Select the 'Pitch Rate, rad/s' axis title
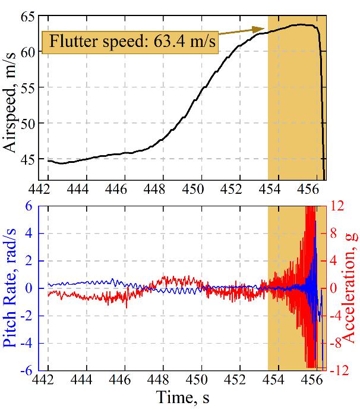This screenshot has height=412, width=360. click(x=11, y=288)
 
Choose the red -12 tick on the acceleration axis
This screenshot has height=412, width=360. click(x=339, y=370)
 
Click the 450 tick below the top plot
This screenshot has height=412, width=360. click(x=201, y=189)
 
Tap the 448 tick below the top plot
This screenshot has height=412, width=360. click(x=163, y=189)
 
